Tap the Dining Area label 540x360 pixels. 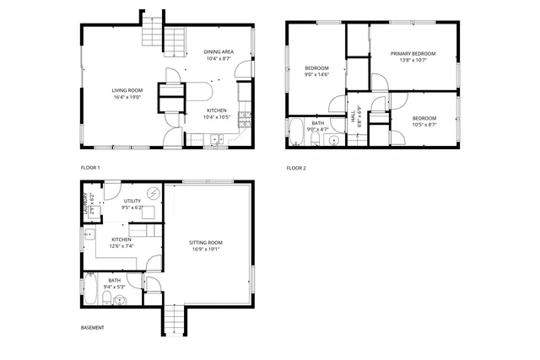pyautogui.click(x=219, y=51)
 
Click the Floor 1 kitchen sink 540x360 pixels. pyautogui.click(x=217, y=140)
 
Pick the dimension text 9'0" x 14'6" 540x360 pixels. pyautogui.click(x=317, y=75)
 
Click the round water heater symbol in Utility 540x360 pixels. pyautogui.click(x=154, y=193)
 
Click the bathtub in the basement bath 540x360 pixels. pyautogui.click(x=91, y=291)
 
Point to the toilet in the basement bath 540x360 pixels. pyautogui.click(x=122, y=299)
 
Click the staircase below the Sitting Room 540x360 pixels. pyautogui.click(x=172, y=321)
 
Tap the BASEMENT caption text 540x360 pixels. pyautogui.click(x=93, y=327)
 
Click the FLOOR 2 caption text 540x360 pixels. pyautogui.click(x=296, y=168)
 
